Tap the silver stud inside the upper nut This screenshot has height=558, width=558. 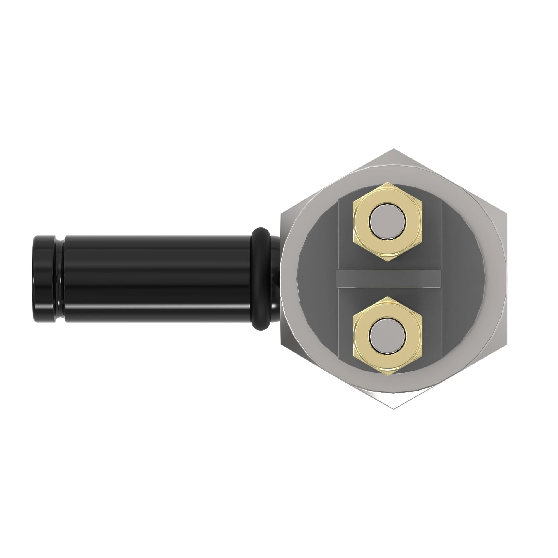click(x=388, y=222)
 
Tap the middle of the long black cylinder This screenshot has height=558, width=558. click(x=157, y=279)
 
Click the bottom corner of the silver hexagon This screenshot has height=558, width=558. click(x=393, y=408)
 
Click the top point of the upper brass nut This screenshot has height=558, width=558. click(x=388, y=183)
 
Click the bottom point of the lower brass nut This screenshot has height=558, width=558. click(x=388, y=375)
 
